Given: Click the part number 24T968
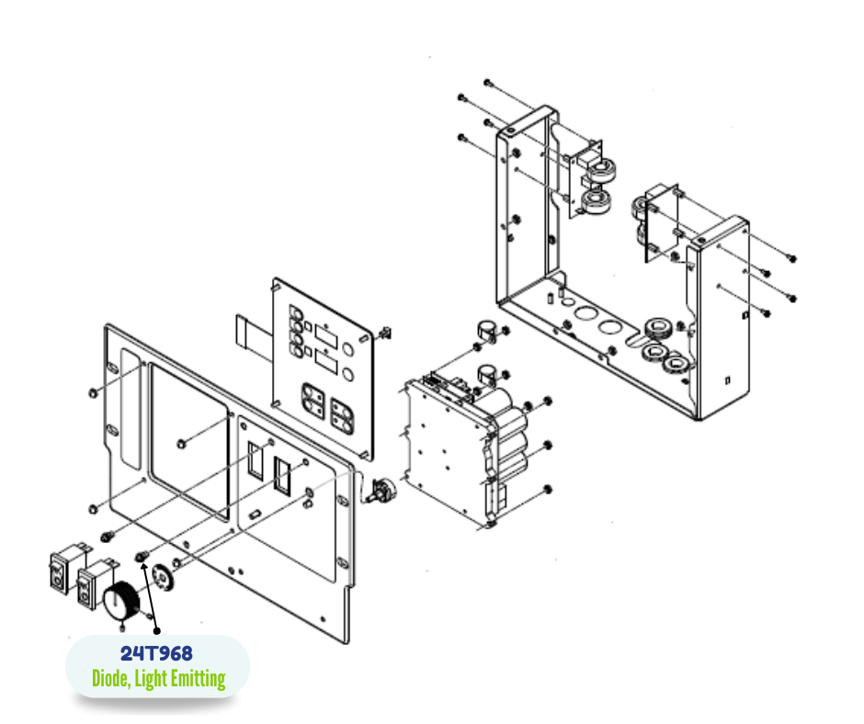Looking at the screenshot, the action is [156, 653].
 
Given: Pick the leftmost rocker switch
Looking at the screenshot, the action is [65, 569].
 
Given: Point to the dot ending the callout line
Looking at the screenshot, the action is [157, 631].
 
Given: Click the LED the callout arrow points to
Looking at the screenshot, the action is [142, 557].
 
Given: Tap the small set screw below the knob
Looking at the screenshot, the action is [121, 628].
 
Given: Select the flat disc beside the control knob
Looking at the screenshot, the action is [163, 577].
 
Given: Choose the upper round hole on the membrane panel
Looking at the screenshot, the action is [347, 349].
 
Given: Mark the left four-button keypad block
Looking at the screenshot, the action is [313, 401].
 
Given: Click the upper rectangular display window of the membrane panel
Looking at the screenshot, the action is [325, 336].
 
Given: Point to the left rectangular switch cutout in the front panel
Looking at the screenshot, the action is [256, 460].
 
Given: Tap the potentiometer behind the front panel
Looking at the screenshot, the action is [381, 491].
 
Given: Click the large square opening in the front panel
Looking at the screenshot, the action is [189, 442].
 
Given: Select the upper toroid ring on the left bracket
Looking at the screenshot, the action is [600, 170].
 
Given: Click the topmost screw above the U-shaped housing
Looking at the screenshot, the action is [487, 83].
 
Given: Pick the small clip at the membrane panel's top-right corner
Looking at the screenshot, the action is [386, 333].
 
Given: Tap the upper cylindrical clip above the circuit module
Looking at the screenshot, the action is [485, 331].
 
